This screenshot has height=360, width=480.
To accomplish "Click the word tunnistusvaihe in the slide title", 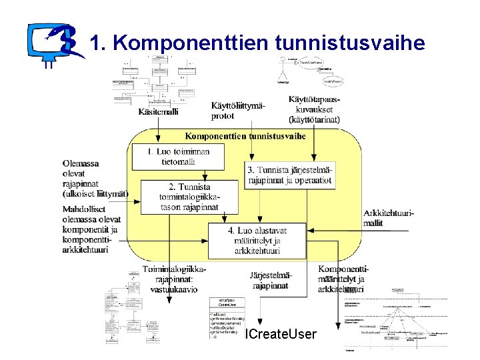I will tap(349, 44).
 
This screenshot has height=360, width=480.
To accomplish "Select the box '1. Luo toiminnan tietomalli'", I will tap(178, 157).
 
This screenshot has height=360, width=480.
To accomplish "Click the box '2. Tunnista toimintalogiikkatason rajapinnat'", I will tap(189, 197).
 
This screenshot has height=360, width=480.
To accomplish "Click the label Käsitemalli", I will tap(158, 112).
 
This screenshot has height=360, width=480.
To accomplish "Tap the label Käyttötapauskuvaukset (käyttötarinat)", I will tap(314, 109).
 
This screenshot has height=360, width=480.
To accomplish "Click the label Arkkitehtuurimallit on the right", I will tap(389, 218).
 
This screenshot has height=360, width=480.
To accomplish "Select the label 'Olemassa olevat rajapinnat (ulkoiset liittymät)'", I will tap(95, 179).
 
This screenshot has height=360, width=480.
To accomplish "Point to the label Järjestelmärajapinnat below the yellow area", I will tap(270, 280).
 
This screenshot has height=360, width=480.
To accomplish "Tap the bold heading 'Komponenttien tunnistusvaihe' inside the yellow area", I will tap(245, 135).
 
